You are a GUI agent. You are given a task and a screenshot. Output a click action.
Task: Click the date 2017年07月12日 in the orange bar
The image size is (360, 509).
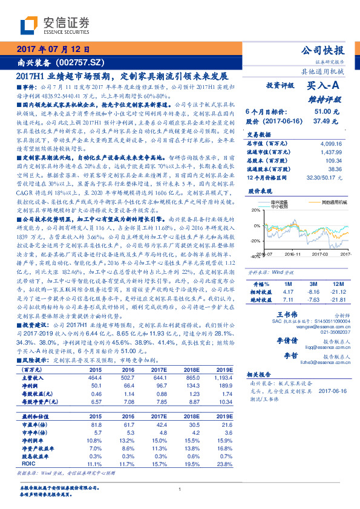(x=54, y=50)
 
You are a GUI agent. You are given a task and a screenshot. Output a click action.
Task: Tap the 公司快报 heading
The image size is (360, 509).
(x=322, y=50)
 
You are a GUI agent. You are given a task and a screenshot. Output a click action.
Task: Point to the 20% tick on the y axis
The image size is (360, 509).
(x=256, y=211)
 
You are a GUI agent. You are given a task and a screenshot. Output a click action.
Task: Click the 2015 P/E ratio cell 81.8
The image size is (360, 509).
(x=95, y=425)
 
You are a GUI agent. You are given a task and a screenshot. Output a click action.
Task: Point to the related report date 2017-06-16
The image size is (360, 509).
(x=334, y=391)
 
